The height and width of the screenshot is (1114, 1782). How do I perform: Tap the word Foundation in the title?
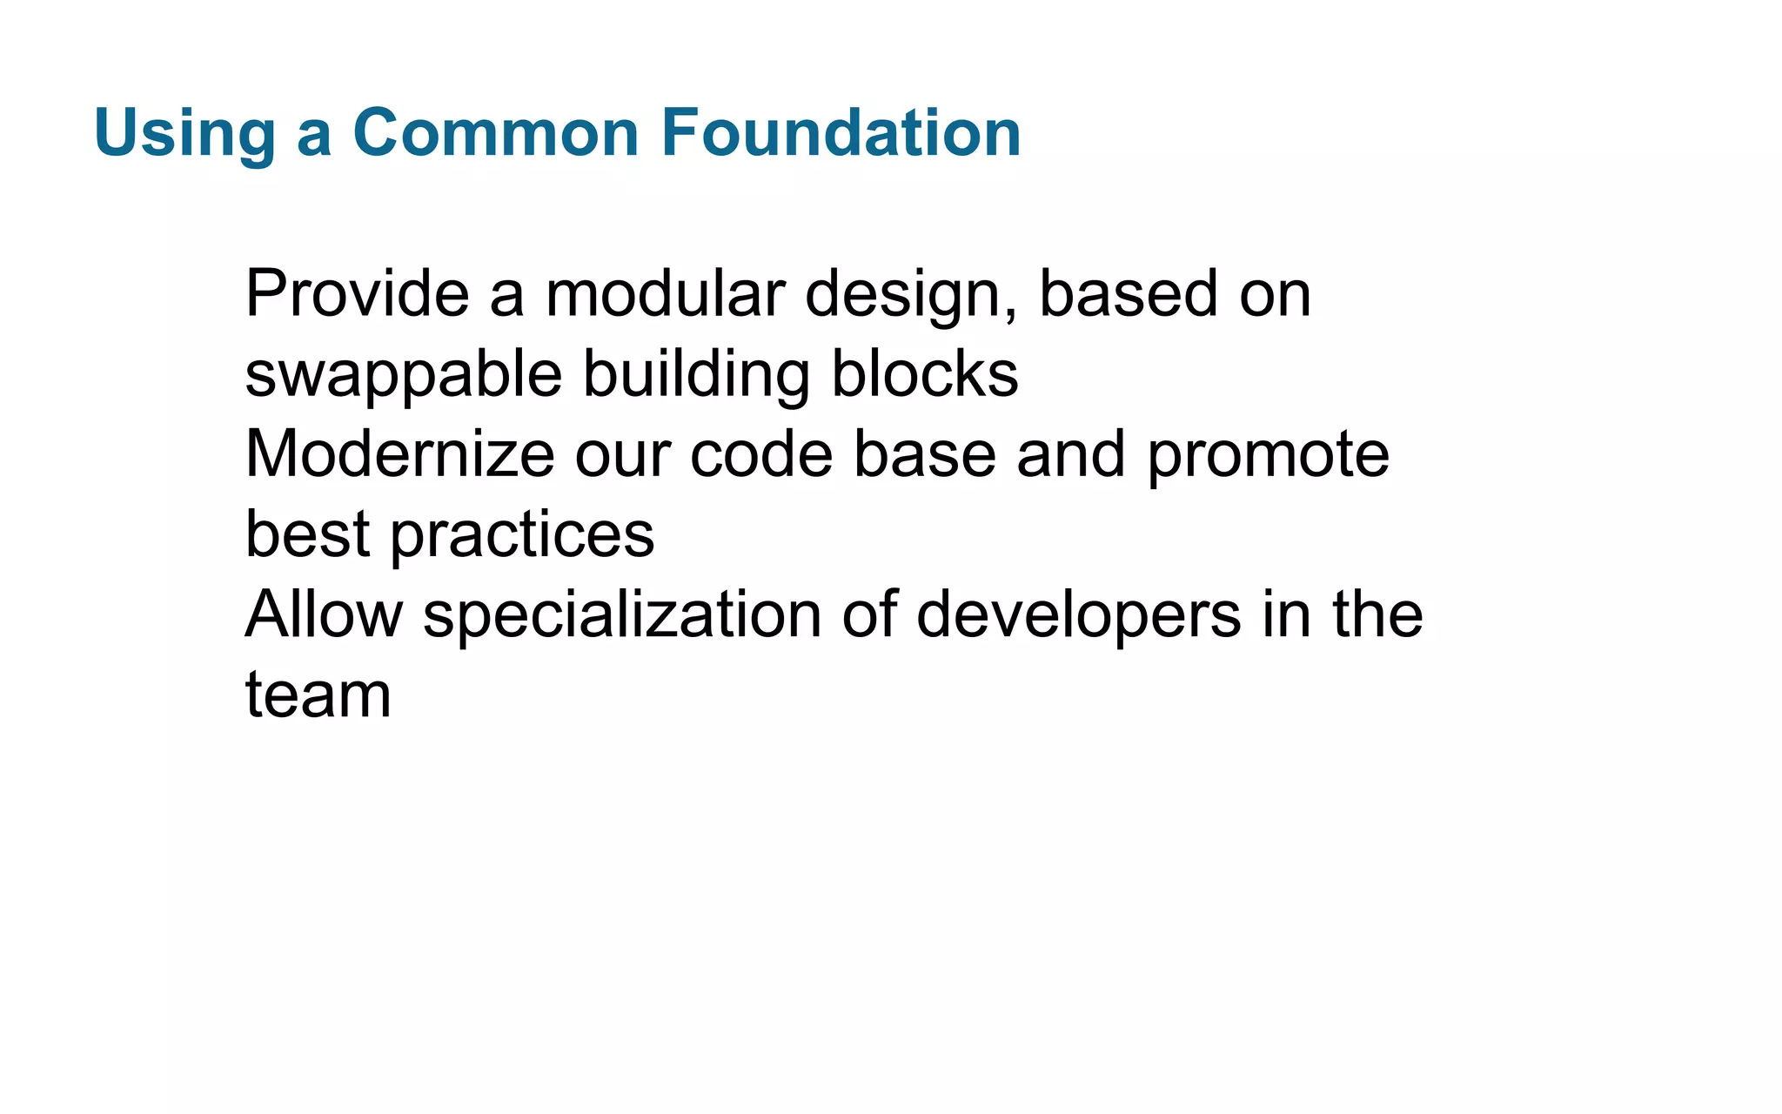pos(841,133)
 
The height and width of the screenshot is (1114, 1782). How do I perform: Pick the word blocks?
pos(924,374)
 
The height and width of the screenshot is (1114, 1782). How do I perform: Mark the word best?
pos(307,534)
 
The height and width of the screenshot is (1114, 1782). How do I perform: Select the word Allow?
pos(324,614)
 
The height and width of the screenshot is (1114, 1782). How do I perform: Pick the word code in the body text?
pos(761,454)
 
